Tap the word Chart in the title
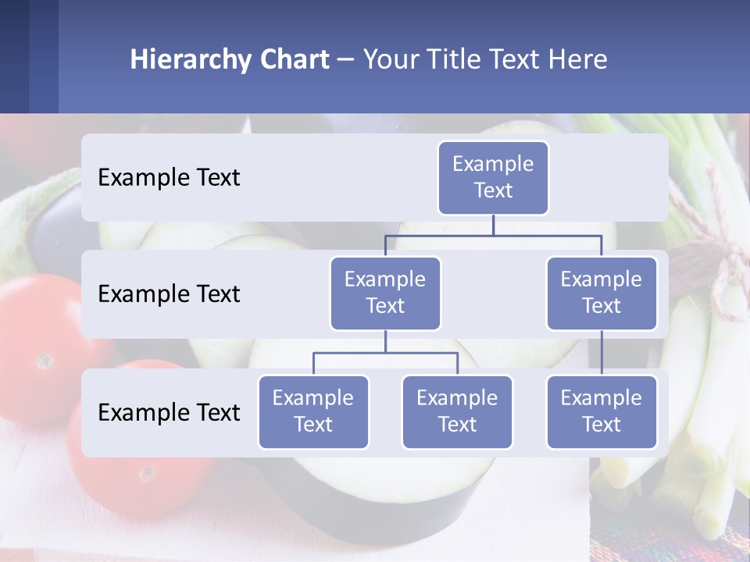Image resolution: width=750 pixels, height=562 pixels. (x=291, y=59)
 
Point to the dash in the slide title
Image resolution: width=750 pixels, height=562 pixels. (x=346, y=59)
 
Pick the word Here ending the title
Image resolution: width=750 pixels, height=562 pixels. (x=578, y=59)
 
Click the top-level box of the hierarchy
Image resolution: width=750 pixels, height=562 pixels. (x=493, y=177)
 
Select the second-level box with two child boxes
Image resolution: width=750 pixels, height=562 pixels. (x=385, y=293)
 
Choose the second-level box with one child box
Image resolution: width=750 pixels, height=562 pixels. (x=602, y=293)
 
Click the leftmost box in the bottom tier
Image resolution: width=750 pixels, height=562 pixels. (x=313, y=411)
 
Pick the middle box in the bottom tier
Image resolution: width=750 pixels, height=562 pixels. (x=457, y=411)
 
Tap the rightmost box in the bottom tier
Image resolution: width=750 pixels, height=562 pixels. (x=602, y=411)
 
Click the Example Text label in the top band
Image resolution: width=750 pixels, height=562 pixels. (x=169, y=178)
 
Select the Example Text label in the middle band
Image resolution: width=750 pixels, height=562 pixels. (x=169, y=294)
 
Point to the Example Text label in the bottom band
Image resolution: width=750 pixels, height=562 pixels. (x=169, y=413)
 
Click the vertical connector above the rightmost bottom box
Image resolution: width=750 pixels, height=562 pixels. (x=602, y=353)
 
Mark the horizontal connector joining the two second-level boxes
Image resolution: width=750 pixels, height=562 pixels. (x=493, y=235)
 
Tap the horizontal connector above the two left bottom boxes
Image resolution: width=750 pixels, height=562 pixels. (x=385, y=353)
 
